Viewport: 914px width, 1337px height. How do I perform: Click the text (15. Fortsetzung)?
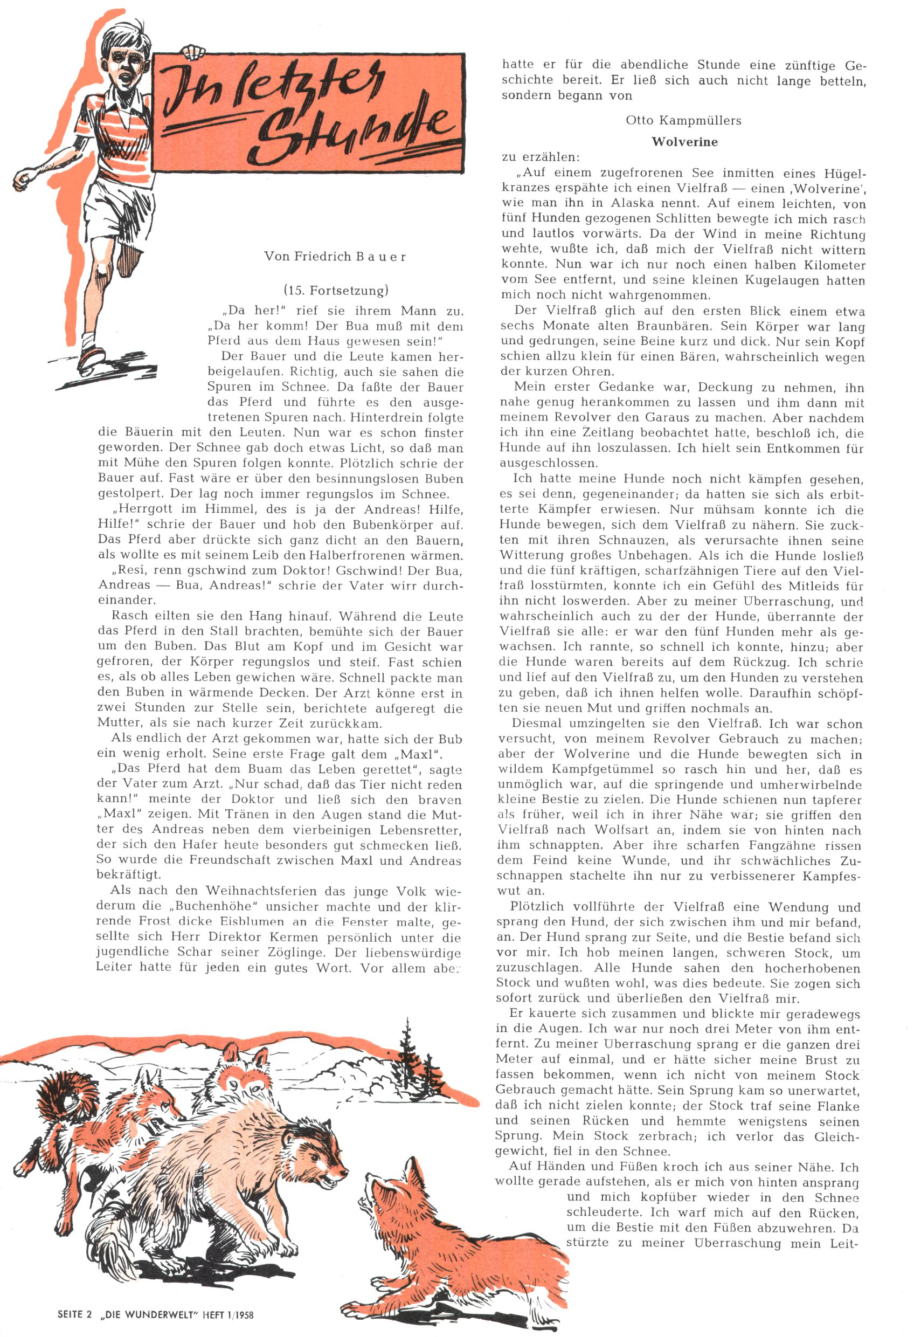coord(336,290)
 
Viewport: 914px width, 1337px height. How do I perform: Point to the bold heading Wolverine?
coord(684,142)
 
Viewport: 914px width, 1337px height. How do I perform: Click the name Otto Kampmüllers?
coord(683,121)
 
